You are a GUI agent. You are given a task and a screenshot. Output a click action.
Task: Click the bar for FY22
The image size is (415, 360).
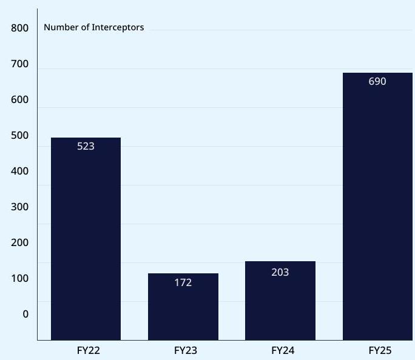coord(86,239)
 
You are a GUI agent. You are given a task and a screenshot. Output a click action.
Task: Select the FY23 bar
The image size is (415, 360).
coord(183,307)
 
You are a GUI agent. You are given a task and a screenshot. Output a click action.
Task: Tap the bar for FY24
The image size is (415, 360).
coord(280,301)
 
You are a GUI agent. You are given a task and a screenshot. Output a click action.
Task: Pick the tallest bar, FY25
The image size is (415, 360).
coord(377,206)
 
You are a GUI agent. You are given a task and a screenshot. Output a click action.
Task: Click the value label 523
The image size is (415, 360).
coord(86,146)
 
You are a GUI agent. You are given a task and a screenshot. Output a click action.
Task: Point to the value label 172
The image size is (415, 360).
coord(183,282)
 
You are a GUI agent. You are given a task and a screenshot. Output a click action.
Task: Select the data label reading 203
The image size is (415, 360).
coord(280,272)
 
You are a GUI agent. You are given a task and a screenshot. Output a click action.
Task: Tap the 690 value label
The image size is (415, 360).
coord(377,81)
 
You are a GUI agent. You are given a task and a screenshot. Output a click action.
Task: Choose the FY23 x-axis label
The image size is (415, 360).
coord(186,350)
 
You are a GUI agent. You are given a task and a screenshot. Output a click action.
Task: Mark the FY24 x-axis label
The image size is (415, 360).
coord(283,350)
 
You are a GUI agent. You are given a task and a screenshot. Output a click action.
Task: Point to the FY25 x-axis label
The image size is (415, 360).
coord(380,350)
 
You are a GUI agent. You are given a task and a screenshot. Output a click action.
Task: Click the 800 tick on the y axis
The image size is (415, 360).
coord(20,28)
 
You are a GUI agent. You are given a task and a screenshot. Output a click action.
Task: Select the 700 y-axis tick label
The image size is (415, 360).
coord(20,64)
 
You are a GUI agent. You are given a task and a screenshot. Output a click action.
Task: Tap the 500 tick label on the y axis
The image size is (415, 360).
coord(20,135)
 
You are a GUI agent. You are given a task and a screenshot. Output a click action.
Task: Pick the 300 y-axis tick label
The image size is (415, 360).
coord(20,207)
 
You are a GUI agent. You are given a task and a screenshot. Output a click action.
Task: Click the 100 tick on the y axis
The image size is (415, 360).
coord(20,278)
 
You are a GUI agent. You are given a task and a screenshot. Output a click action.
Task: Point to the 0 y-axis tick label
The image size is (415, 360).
coord(25,314)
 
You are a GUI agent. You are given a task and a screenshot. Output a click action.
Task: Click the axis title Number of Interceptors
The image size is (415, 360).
coord(94,27)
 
